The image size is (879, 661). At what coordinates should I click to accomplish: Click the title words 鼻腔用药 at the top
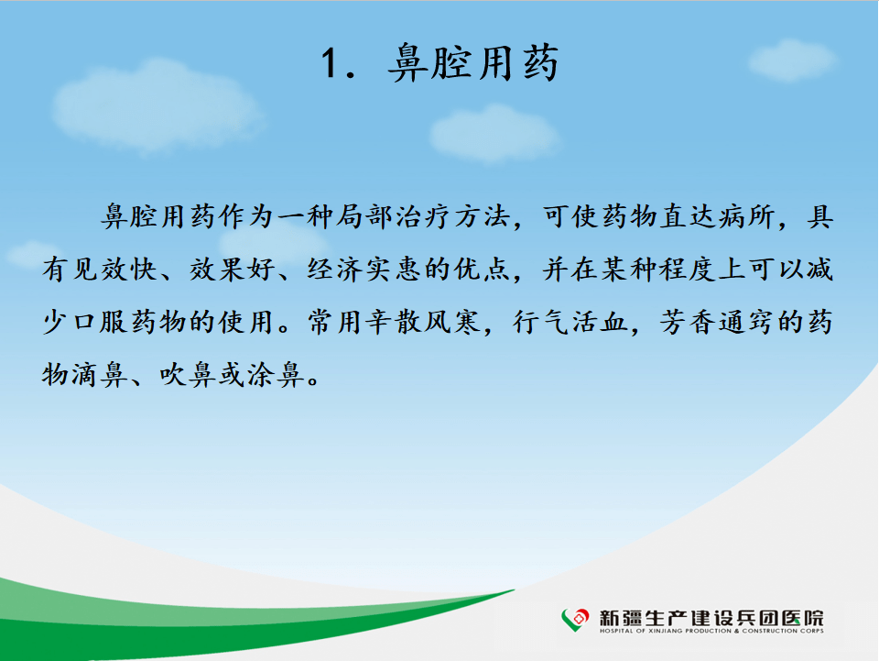(473, 63)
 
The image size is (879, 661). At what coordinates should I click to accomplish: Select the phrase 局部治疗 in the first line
(394, 216)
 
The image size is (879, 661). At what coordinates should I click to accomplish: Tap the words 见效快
(115, 270)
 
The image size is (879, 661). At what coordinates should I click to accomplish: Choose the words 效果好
(233, 270)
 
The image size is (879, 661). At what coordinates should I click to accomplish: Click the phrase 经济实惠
(364, 270)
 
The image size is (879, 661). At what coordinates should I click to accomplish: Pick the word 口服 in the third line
(101, 322)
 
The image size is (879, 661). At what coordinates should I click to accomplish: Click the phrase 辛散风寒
(423, 322)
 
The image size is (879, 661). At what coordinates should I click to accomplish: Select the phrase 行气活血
(570, 322)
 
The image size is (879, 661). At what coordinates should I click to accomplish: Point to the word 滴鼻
(101, 375)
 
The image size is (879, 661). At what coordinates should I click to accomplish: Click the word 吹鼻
(188, 375)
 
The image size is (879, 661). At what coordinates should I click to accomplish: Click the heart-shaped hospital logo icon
(575, 620)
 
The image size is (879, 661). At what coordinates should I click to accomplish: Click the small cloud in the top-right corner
(792, 60)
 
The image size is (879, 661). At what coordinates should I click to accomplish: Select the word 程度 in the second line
(689, 270)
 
